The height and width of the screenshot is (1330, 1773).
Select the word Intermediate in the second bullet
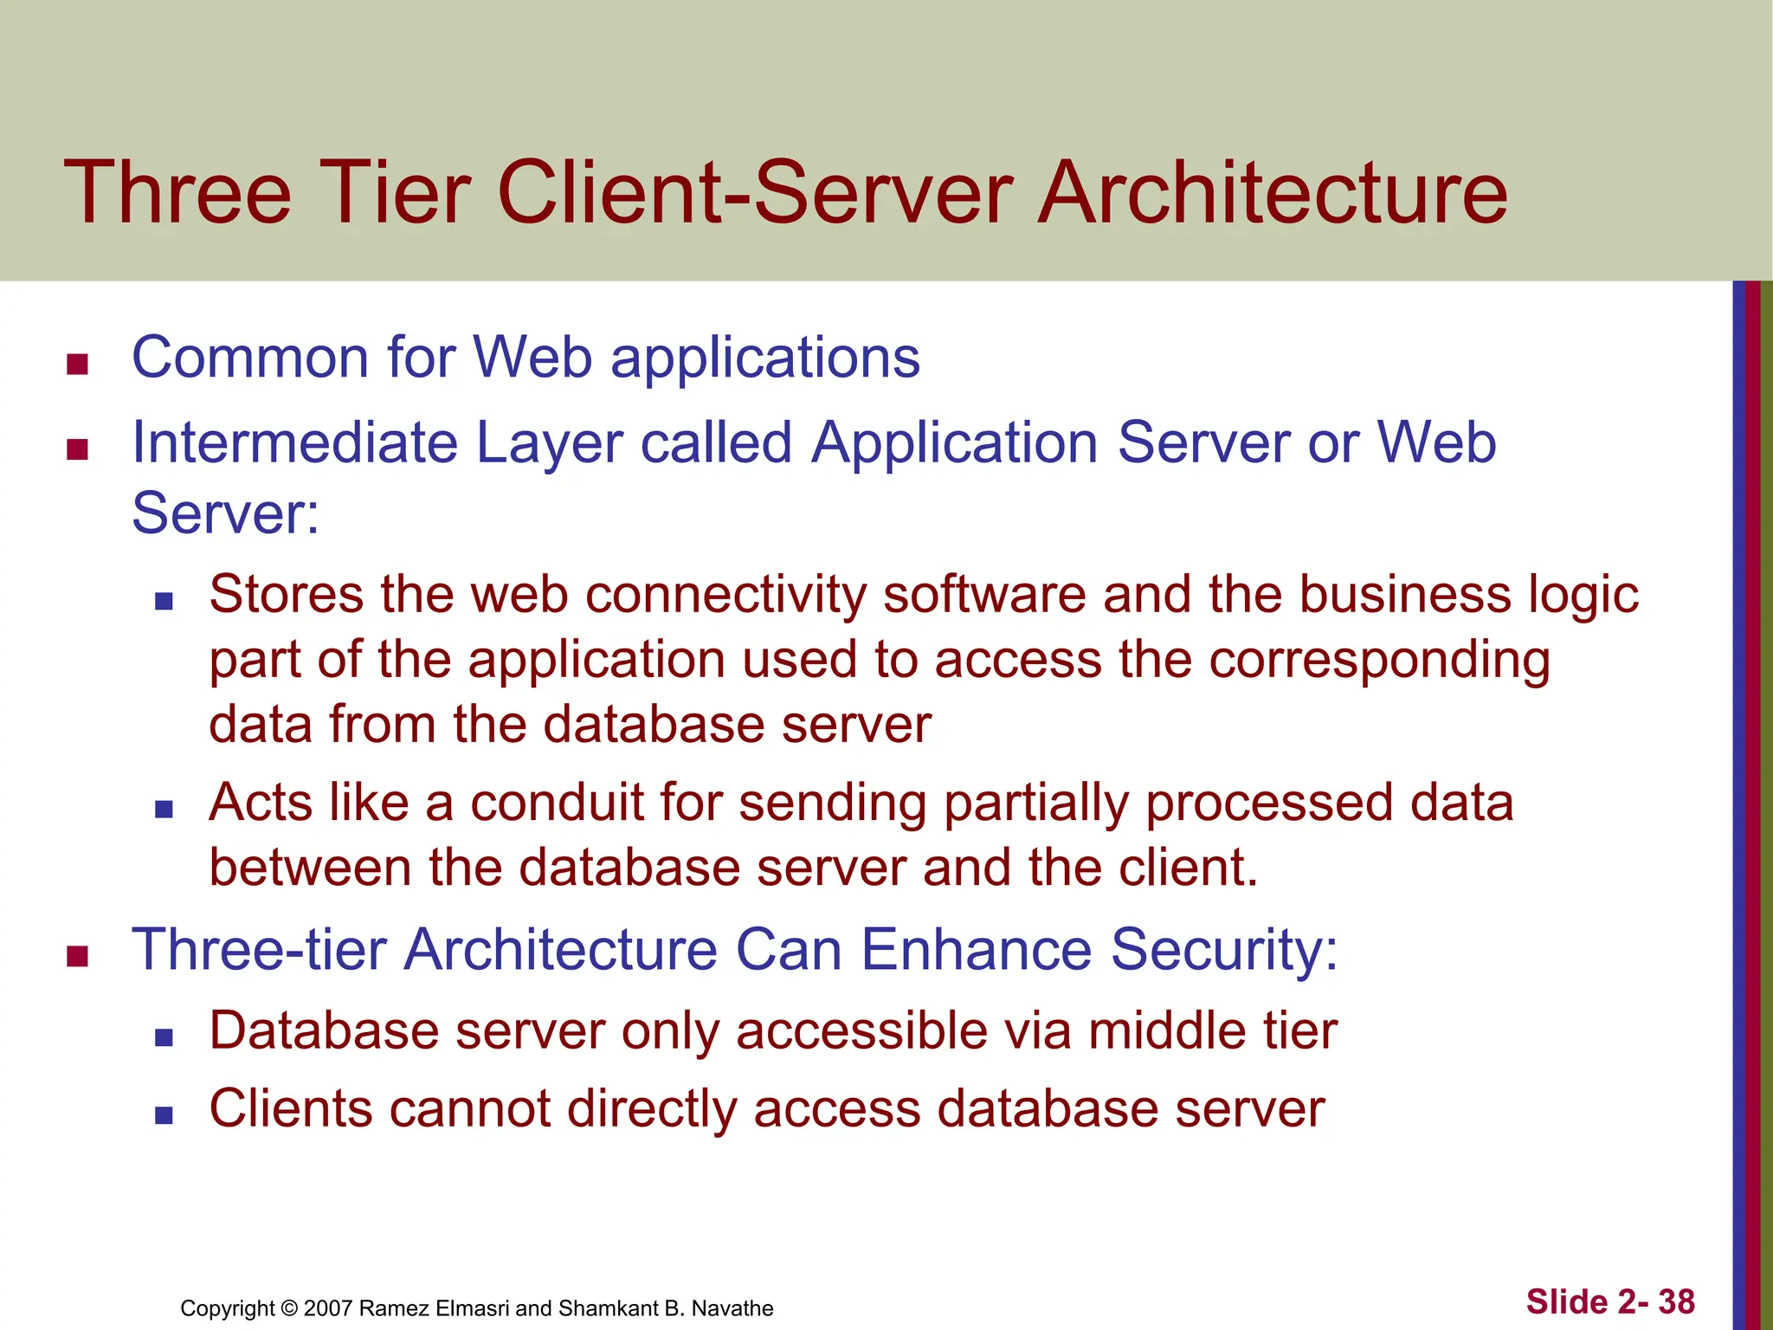click(x=293, y=442)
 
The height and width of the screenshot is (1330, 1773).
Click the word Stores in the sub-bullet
click(x=287, y=596)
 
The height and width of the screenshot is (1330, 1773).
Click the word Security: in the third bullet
click(x=1224, y=951)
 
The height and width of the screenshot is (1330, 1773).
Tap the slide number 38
click(x=1676, y=1302)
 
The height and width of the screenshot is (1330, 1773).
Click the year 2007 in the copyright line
click(x=328, y=1308)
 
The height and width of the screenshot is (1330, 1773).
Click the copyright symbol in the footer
click(x=289, y=1308)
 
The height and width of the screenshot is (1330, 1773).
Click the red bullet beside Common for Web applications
click(x=78, y=365)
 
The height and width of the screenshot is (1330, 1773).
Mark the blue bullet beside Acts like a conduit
click(x=164, y=809)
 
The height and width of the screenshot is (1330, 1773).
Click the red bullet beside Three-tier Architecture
click(x=78, y=957)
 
